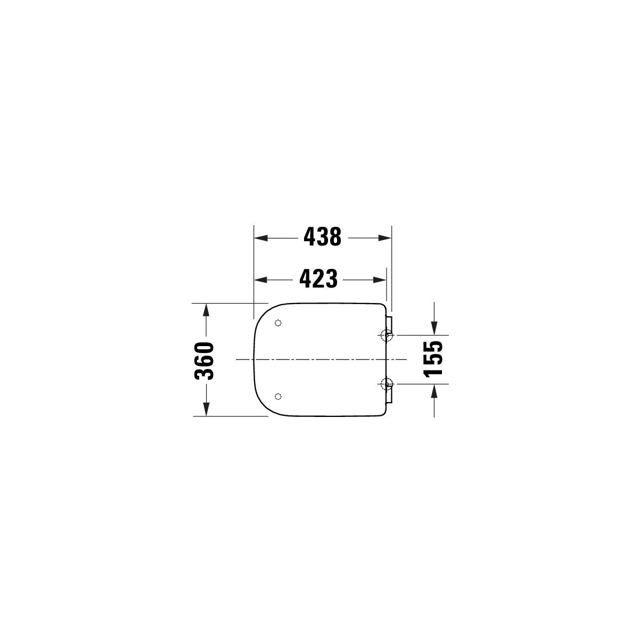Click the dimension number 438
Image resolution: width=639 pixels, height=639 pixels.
pos(322,237)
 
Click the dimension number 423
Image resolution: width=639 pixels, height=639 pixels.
pos(318,278)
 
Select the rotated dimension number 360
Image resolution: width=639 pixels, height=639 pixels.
pos(204,361)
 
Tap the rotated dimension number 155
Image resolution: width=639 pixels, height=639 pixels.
pos(433,359)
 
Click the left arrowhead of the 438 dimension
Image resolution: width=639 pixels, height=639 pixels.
pos(261,237)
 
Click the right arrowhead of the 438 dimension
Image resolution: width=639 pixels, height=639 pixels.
pos(384,237)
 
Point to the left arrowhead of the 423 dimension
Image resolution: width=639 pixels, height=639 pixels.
pos(261,280)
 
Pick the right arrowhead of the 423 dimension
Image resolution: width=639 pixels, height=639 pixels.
pos(379,280)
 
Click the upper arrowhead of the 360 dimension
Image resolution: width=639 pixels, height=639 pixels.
pos(206,310)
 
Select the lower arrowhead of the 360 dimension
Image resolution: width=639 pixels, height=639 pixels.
pos(206,409)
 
